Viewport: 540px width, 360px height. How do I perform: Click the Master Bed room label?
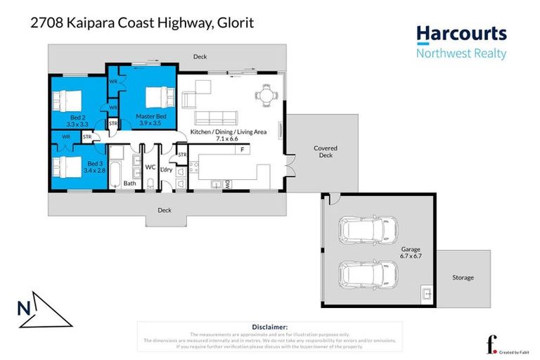[151, 116]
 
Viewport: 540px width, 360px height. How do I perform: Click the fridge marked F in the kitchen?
[241, 150]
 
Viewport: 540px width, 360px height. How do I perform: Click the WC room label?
[150, 167]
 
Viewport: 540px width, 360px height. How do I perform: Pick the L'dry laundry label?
[167, 169]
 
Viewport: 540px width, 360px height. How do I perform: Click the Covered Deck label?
[326, 152]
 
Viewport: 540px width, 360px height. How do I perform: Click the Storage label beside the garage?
[463, 278]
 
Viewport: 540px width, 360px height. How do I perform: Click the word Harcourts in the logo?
[461, 34]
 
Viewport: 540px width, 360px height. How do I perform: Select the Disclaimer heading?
[269, 327]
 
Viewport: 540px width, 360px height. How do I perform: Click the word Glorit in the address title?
[236, 24]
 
